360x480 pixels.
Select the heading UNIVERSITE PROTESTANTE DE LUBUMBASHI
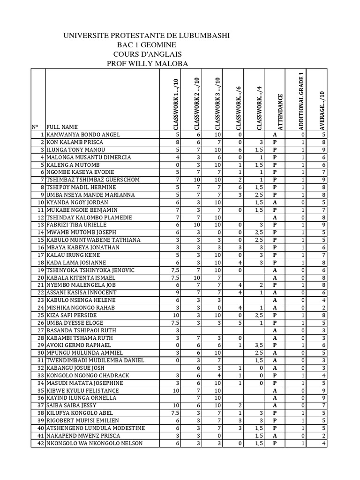click(x=146, y=36)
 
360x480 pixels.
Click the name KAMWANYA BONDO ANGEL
click(x=83, y=135)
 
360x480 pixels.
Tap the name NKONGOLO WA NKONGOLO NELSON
click(x=94, y=443)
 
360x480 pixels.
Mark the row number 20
click(x=38, y=277)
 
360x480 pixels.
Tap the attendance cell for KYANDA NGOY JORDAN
click(x=275, y=202)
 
